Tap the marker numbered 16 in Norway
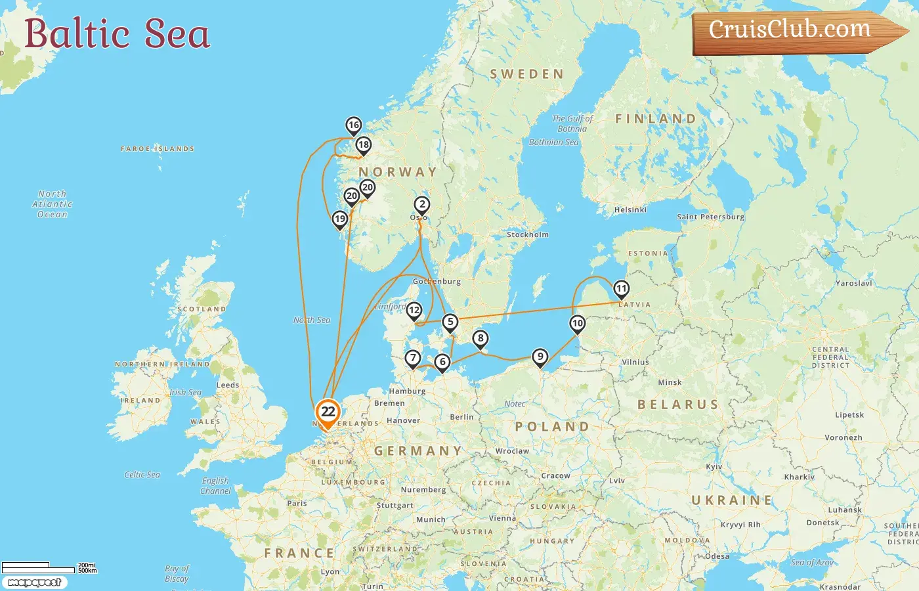click(x=354, y=125)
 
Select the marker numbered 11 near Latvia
click(x=621, y=288)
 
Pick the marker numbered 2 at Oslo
click(x=422, y=205)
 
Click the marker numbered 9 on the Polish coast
click(x=540, y=357)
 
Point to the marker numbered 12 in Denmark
click(x=414, y=311)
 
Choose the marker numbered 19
click(x=339, y=219)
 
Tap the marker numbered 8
click(x=481, y=339)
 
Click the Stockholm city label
click(x=527, y=234)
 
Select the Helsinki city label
click(x=630, y=209)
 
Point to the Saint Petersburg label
click(x=710, y=217)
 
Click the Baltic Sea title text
click(x=117, y=33)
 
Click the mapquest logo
click(x=34, y=582)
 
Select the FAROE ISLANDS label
click(x=158, y=149)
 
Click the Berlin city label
click(x=461, y=417)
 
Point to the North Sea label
click(x=312, y=320)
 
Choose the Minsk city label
click(x=670, y=382)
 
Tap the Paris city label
click(x=297, y=503)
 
